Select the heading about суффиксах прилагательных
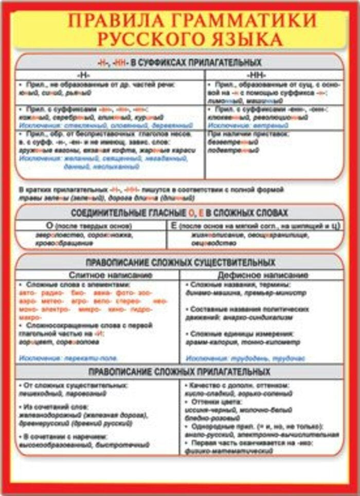point(179,63)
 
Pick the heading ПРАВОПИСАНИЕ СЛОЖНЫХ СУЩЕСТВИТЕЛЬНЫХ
point(180,262)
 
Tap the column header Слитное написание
point(110,275)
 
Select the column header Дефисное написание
point(262,275)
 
